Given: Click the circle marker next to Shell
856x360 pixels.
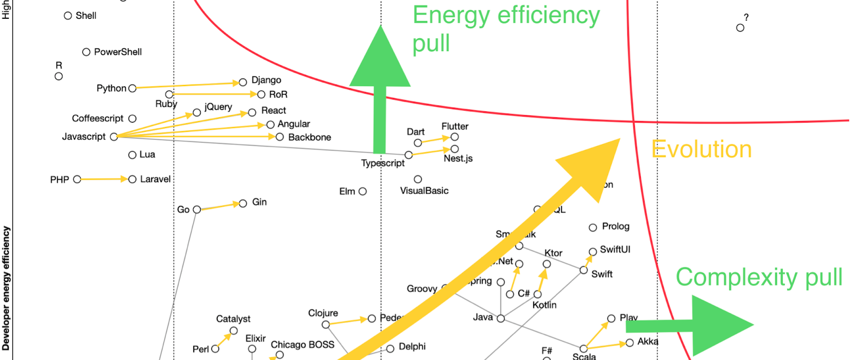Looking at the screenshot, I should pyautogui.click(x=68, y=16).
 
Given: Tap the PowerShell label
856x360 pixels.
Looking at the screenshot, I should pyautogui.click(x=118, y=52).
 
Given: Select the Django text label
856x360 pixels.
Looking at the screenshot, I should pyautogui.click(x=266, y=80).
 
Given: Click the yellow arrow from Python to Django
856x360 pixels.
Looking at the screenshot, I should pyautogui.click(x=186, y=85).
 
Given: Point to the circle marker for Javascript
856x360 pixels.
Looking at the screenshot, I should pyautogui.click(x=114, y=137).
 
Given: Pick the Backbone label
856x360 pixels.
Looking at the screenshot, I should pyautogui.click(x=309, y=137).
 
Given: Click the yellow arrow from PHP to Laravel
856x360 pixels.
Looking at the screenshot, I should pyautogui.click(x=105, y=179).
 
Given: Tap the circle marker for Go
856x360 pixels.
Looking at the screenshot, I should pyautogui.click(x=197, y=209).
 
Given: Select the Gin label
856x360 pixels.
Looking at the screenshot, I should pyautogui.click(x=259, y=202).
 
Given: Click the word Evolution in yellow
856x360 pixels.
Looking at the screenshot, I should pyautogui.click(x=701, y=150).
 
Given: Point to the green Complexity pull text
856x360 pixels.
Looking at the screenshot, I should pyautogui.click(x=759, y=277).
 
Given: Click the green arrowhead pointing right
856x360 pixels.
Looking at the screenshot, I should pyautogui.click(x=721, y=324).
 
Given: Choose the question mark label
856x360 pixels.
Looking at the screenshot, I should pyautogui.click(x=746, y=18).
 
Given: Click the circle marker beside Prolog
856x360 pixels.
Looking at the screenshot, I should pyautogui.click(x=593, y=228).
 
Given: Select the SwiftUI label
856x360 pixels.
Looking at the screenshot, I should pyautogui.click(x=615, y=250).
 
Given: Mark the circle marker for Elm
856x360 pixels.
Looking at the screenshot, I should pyautogui.click(x=363, y=192).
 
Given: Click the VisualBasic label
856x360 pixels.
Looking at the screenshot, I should pyautogui.click(x=424, y=191).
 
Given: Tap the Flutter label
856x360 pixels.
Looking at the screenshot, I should pyautogui.click(x=455, y=126).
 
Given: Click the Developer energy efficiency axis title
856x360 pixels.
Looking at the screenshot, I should pyautogui.click(x=6, y=288).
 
